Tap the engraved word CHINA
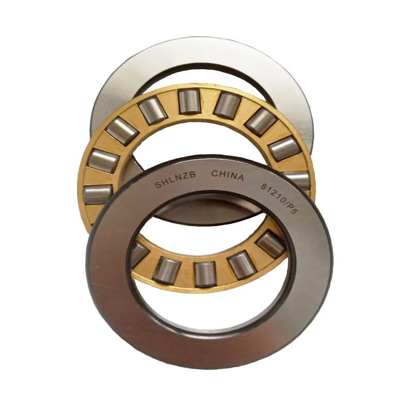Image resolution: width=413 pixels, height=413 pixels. pos(227,176)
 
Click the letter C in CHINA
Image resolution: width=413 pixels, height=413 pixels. pos(214,174)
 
